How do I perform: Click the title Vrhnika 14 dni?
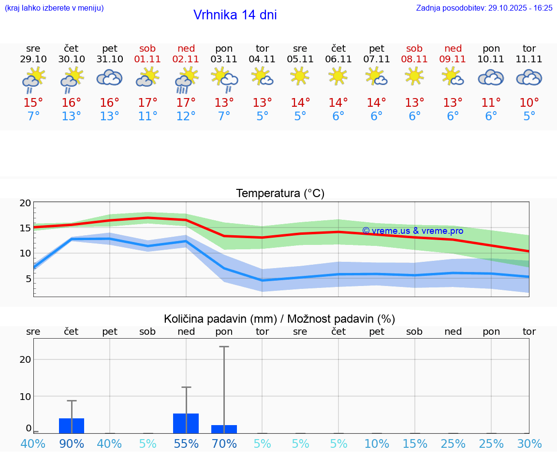click(235, 15)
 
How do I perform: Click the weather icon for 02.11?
click(186, 80)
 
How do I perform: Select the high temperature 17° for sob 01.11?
click(148, 103)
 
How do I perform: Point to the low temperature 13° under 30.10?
click(71, 116)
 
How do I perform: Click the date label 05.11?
click(300, 59)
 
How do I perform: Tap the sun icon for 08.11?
click(414, 76)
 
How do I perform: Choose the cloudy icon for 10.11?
click(491, 77)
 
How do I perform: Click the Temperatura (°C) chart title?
click(280, 194)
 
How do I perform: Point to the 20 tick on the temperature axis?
click(25, 203)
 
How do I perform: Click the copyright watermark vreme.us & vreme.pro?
click(412, 231)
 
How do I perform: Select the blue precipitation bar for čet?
click(72, 426)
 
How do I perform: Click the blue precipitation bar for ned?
click(186, 423)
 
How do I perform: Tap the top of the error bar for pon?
click(224, 347)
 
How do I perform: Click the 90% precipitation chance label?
click(72, 443)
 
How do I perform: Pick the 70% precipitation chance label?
click(224, 443)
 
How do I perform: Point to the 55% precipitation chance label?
click(186, 443)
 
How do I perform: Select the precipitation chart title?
click(279, 319)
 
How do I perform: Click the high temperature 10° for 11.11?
click(529, 103)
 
